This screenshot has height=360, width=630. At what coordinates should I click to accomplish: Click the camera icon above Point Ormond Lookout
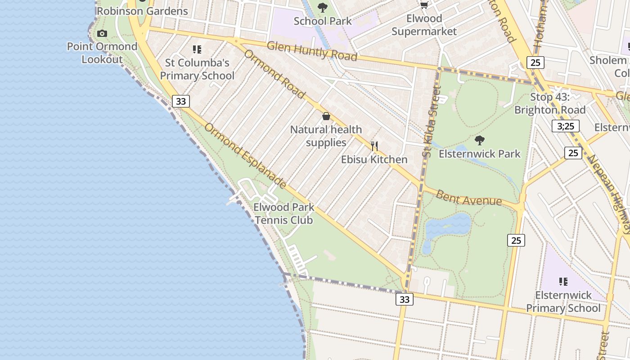tap(102, 33)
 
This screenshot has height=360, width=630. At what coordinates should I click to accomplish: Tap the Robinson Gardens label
tap(142, 11)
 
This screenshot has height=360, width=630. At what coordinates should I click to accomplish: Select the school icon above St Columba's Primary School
tap(197, 49)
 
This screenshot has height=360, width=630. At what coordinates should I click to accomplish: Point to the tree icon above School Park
tap(322, 7)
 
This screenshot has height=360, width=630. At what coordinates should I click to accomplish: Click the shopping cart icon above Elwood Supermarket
tap(424, 5)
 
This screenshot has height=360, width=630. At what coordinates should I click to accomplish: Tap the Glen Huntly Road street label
tap(312, 51)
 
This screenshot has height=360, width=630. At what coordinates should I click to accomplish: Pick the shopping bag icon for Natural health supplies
tap(326, 117)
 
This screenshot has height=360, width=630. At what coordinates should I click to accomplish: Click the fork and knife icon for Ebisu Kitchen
tap(374, 146)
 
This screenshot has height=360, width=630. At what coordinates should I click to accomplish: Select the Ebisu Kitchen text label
tap(374, 159)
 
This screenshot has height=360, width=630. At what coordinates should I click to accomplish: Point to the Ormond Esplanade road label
tap(245, 155)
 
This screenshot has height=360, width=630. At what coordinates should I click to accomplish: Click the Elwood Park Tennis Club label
tap(284, 214)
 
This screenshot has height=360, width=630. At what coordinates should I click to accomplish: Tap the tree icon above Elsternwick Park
tap(480, 140)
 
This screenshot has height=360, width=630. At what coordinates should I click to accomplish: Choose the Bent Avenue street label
tap(468, 198)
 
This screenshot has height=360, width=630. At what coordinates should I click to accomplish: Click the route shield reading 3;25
tap(566, 126)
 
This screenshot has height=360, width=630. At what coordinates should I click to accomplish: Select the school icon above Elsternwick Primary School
tap(563, 282)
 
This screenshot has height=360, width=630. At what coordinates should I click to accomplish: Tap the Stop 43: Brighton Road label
tap(550, 103)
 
